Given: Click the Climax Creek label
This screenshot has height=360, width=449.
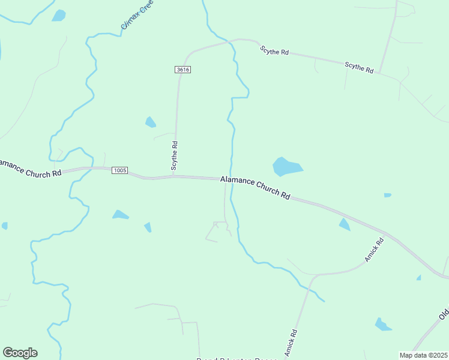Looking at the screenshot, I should pyautogui.click(x=137, y=15).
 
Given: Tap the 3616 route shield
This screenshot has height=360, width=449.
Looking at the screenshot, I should pyautogui.click(x=183, y=70).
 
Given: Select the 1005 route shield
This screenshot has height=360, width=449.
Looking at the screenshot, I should pyautogui.click(x=119, y=170).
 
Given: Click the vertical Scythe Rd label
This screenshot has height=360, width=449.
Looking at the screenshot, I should pyautogui.click(x=175, y=155).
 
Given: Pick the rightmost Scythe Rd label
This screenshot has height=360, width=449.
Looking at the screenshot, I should pyautogui.click(x=359, y=67).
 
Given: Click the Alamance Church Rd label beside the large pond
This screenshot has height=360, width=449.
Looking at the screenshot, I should pyautogui.click(x=255, y=187).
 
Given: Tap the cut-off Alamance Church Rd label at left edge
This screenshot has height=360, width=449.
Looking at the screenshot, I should pyautogui.click(x=30, y=167).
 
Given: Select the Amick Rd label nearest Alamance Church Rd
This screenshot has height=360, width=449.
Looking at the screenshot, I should pyautogui.click(x=374, y=250).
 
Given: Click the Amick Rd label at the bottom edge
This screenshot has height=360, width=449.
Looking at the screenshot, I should pyautogui.click(x=291, y=343).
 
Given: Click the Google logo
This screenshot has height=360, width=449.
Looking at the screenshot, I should pyautogui.click(x=20, y=353).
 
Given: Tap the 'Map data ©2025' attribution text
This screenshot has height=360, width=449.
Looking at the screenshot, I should pyautogui.click(x=424, y=355).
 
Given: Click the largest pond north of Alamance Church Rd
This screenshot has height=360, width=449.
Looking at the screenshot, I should pyautogui.click(x=287, y=166).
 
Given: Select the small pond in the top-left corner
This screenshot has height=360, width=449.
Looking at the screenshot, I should pyautogui.click(x=58, y=16).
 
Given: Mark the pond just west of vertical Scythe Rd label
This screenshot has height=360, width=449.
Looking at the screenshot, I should pyautogui.click(x=150, y=122).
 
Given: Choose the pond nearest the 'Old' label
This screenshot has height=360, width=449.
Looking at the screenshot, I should pyautogui.click(x=382, y=325).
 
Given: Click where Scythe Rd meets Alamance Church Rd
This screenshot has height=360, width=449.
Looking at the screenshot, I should pyautogui.click(x=175, y=177).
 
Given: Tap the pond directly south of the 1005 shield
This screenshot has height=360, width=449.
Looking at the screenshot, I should pyautogui.click(x=120, y=214).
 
